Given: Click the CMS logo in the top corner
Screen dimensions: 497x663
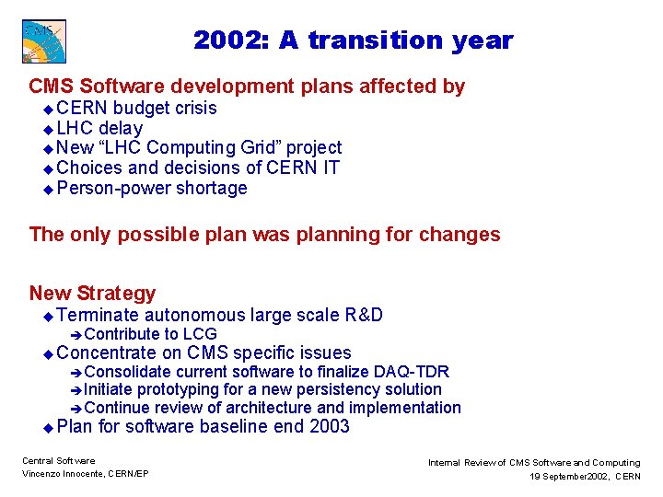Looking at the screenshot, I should point(43,41).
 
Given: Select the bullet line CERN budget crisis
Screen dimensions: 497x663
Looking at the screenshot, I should point(136,108).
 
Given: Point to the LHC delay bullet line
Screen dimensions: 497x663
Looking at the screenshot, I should point(99,128).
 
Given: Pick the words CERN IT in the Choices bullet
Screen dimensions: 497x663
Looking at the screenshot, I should point(303,168).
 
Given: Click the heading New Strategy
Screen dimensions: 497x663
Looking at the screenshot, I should point(92,293).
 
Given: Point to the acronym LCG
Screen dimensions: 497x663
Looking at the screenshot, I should point(200,334).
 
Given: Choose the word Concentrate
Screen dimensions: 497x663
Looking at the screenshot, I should point(107,353).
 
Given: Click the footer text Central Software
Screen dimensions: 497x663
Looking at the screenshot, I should point(58,460).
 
